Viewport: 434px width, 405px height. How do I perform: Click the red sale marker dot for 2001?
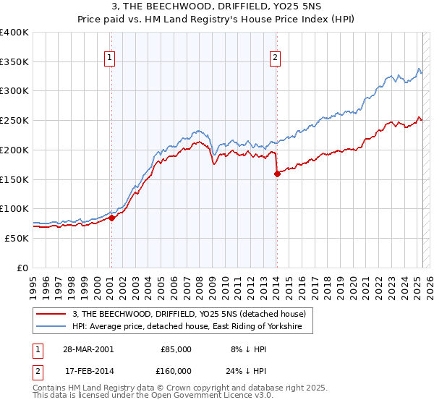(x=112, y=218)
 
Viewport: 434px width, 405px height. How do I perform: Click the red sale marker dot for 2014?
(x=277, y=174)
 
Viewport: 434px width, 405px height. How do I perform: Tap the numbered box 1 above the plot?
(x=110, y=59)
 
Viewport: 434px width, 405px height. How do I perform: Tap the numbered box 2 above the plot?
(x=276, y=59)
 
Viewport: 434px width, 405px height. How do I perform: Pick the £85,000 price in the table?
(x=175, y=349)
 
